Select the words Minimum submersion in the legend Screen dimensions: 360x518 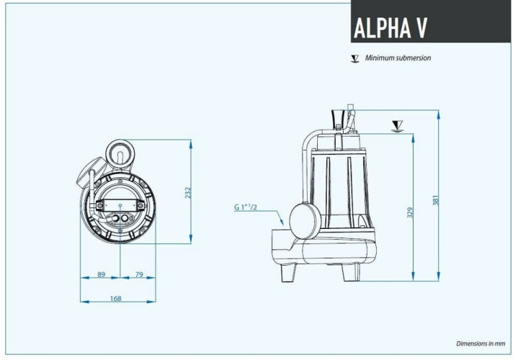point(398,58)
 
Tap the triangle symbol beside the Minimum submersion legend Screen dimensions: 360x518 point(354,58)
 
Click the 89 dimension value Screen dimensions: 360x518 point(101,274)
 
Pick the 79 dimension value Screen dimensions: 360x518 point(138,274)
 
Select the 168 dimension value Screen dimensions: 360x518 point(116,298)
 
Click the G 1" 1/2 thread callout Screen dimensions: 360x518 point(246,208)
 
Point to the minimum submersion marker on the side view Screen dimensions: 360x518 point(396,127)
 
